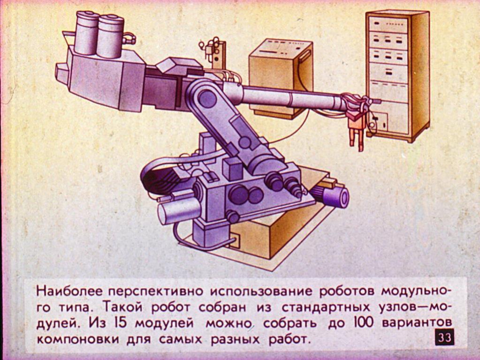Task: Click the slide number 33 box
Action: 444,337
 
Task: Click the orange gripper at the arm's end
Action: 357,127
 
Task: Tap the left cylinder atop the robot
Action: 87,33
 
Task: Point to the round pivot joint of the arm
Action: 207,98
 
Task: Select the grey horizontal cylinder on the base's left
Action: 179,211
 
